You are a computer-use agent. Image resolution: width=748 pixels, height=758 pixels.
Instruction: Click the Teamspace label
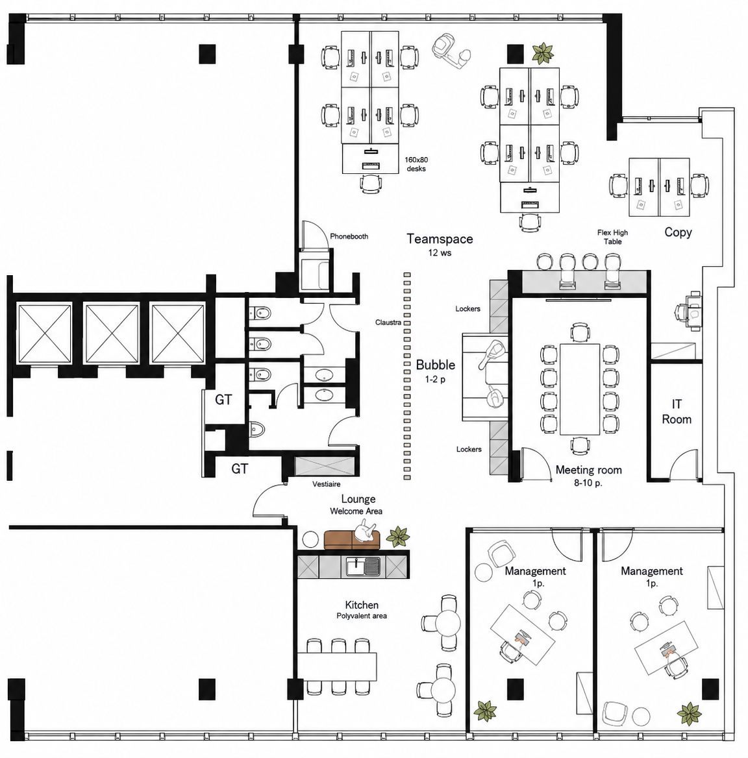pyautogui.click(x=440, y=239)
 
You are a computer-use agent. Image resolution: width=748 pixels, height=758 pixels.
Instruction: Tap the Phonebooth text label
pyautogui.click(x=349, y=236)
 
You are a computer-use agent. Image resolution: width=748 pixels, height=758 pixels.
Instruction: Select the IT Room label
pyautogui.click(x=677, y=411)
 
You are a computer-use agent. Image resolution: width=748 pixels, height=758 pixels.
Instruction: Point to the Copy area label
pyautogui.click(x=678, y=232)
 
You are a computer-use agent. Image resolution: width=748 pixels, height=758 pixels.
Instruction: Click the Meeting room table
pyautogui.click(x=580, y=389)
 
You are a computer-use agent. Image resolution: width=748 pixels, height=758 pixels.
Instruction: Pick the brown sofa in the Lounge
pyautogui.click(x=352, y=540)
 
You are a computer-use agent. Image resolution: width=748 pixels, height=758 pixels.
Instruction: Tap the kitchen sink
pyautogui.click(x=363, y=567)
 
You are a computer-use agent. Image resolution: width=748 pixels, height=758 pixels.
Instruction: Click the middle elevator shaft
pyautogui.click(x=112, y=333)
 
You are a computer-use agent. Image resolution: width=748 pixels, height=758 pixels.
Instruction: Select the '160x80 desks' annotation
pyautogui.click(x=416, y=164)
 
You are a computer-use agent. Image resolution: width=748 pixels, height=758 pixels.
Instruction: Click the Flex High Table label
pyautogui.click(x=612, y=237)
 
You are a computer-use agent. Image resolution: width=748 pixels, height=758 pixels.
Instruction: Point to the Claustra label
pyautogui.click(x=388, y=323)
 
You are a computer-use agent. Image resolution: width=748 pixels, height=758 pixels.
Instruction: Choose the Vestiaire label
pyautogui.click(x=326, y=484)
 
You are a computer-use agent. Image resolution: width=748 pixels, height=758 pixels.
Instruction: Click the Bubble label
pyautogui.click(x=436, y=365)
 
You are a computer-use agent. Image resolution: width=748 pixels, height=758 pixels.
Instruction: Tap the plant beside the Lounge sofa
pyautogui.click(x=397, y=537)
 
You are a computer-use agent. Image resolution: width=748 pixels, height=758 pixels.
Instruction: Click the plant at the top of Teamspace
pyautogui.click(x=543, y=53)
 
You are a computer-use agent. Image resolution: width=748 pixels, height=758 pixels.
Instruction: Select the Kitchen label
pyautogui.click(x=362, y=605)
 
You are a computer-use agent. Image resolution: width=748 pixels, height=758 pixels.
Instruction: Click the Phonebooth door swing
pyautogui.click(x=316, y=236)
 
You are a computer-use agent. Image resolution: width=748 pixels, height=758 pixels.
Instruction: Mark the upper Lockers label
pyautogui.click(x=467, y=309)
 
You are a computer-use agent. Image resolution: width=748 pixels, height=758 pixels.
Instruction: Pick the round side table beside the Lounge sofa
pyautogui.click(x=310, y=539)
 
